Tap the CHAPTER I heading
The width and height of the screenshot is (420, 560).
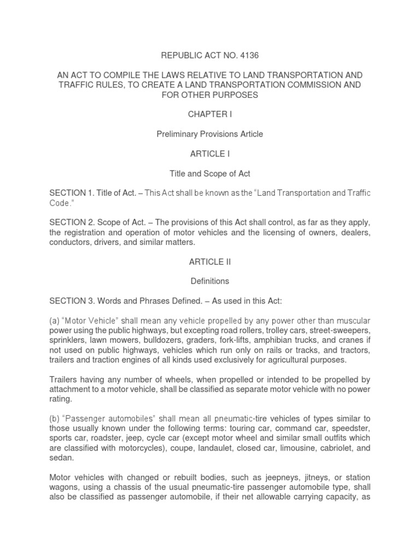point(210,114)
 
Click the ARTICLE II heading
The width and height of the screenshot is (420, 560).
point(210,262)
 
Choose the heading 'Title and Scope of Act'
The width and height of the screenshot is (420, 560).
point(210,173)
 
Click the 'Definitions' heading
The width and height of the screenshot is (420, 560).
point(210,282)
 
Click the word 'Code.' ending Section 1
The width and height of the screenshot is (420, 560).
point(61,203)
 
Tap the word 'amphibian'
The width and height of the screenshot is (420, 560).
point(265,341)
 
